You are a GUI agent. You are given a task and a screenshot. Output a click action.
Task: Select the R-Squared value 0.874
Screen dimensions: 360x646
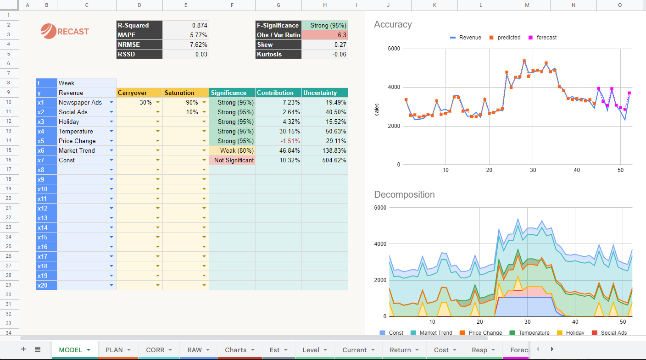tap(186, 26)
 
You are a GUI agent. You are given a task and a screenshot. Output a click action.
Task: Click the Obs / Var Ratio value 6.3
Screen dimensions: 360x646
tap(325, 35)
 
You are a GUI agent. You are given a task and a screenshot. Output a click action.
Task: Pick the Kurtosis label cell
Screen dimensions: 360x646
tap(278, 55)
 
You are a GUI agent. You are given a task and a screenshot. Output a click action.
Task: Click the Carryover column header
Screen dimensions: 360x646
tap(139, 93)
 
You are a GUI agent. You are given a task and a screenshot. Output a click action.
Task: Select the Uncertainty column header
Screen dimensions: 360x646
tap(324, 93)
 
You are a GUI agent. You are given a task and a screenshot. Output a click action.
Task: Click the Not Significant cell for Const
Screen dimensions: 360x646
tap(232, 161)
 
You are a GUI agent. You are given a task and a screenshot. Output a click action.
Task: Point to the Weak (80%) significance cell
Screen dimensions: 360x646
tap(232, 151)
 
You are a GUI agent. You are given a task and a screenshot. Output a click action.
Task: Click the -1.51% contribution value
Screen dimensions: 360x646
tap(278, 141)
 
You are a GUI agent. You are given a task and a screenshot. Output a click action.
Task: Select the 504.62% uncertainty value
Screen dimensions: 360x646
tap(324, 161)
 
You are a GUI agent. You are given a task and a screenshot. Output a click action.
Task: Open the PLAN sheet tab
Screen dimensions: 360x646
tap(114, 350)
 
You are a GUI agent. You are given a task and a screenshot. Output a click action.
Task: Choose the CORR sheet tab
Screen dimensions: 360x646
tap(155, 350)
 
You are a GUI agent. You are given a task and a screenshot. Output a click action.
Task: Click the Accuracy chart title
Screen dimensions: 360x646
tap(393, 25)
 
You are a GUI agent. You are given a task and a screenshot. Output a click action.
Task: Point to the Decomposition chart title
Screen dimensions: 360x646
tap(404, 194)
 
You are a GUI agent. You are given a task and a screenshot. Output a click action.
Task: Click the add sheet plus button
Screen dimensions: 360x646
tap(23, 349)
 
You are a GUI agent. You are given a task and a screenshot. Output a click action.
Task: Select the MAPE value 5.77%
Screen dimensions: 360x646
tap(186, 35)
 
